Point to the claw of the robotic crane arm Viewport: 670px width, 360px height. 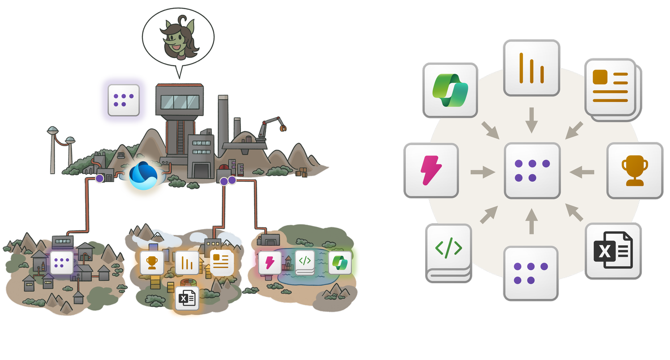pyautogui.click(x=283, y=128)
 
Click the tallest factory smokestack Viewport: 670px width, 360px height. pyautogui.click(x=223, y=121)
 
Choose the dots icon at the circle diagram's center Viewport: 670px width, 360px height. pyautogui.click(x=532, y=171)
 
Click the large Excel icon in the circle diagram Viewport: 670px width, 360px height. pyautogui.click(x=613, y=251)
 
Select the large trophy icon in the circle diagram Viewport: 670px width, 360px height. pyautogui.click(x=634, y=171)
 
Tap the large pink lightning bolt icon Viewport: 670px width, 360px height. pyautogui.click(x=431, y=171)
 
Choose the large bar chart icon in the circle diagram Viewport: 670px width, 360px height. pyautogui.click(x=531, y=68)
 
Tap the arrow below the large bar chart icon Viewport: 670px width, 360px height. pyautogui.click(x=531, y=120)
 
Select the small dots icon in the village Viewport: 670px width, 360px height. pyautogui.click(x=62, y=262)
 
